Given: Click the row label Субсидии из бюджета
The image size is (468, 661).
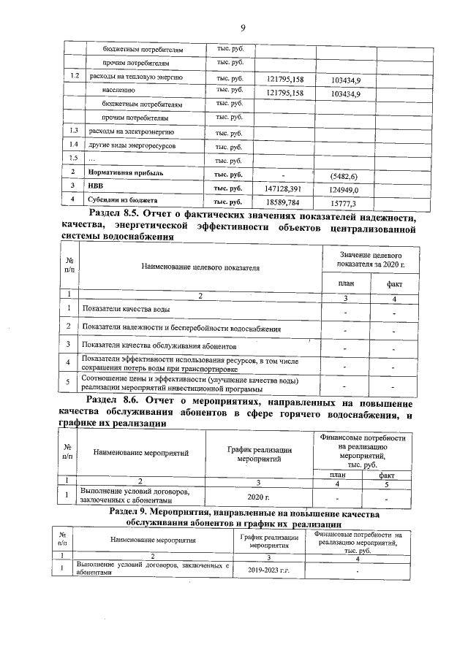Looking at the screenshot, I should pyautogui.click(x=123, y=199).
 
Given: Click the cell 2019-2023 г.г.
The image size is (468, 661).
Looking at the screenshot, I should pyautogui.click(x=269, y=568).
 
